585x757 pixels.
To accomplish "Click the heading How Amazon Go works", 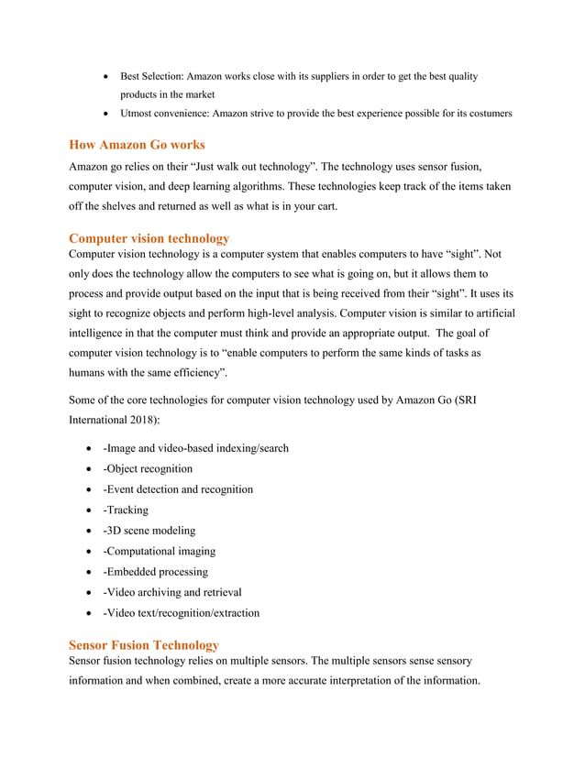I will coord(137,145).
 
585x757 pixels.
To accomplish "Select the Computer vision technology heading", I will coord(149,238).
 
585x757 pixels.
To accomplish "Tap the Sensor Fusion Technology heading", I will coord(144,645).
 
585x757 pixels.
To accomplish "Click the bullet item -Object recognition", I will coord(148,468).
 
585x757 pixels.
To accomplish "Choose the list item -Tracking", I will coord(126,510).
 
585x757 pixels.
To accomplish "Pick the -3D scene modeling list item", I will coord(149,530).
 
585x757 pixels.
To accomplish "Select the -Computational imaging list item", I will coord(160,551).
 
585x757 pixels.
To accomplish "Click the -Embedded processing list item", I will coord(156,571).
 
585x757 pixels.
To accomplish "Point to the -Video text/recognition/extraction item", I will coord(182,612).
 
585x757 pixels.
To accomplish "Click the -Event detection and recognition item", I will coord(178,489).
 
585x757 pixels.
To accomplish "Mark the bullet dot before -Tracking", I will coord(89,510).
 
